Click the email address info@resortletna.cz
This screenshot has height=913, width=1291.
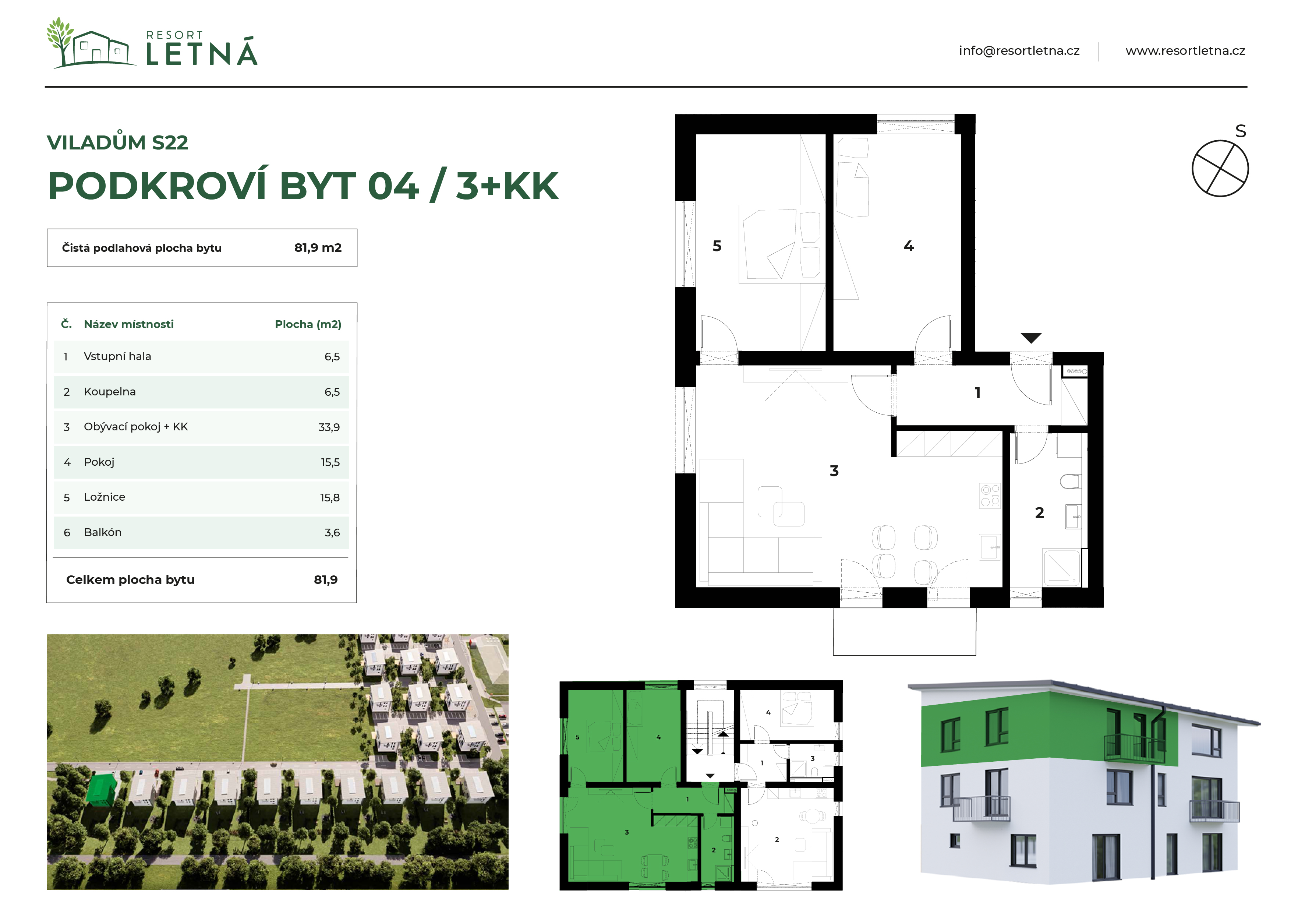pos(1019,51)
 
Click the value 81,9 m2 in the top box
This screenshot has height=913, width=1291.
pos(318,247)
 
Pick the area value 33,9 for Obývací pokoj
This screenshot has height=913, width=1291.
pos(329,427)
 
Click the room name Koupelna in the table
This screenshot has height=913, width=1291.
pos(110,392)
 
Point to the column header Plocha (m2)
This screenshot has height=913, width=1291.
pos(308,324)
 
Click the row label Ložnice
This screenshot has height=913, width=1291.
pos(105,497)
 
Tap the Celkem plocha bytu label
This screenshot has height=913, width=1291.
pos(130,579)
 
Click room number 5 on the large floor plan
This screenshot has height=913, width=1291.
pos(717,246)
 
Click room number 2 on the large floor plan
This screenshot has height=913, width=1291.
pos(1040,512)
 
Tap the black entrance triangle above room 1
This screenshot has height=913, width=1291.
pos(1031,338)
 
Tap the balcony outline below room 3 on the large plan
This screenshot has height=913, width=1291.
pos(904,655)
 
